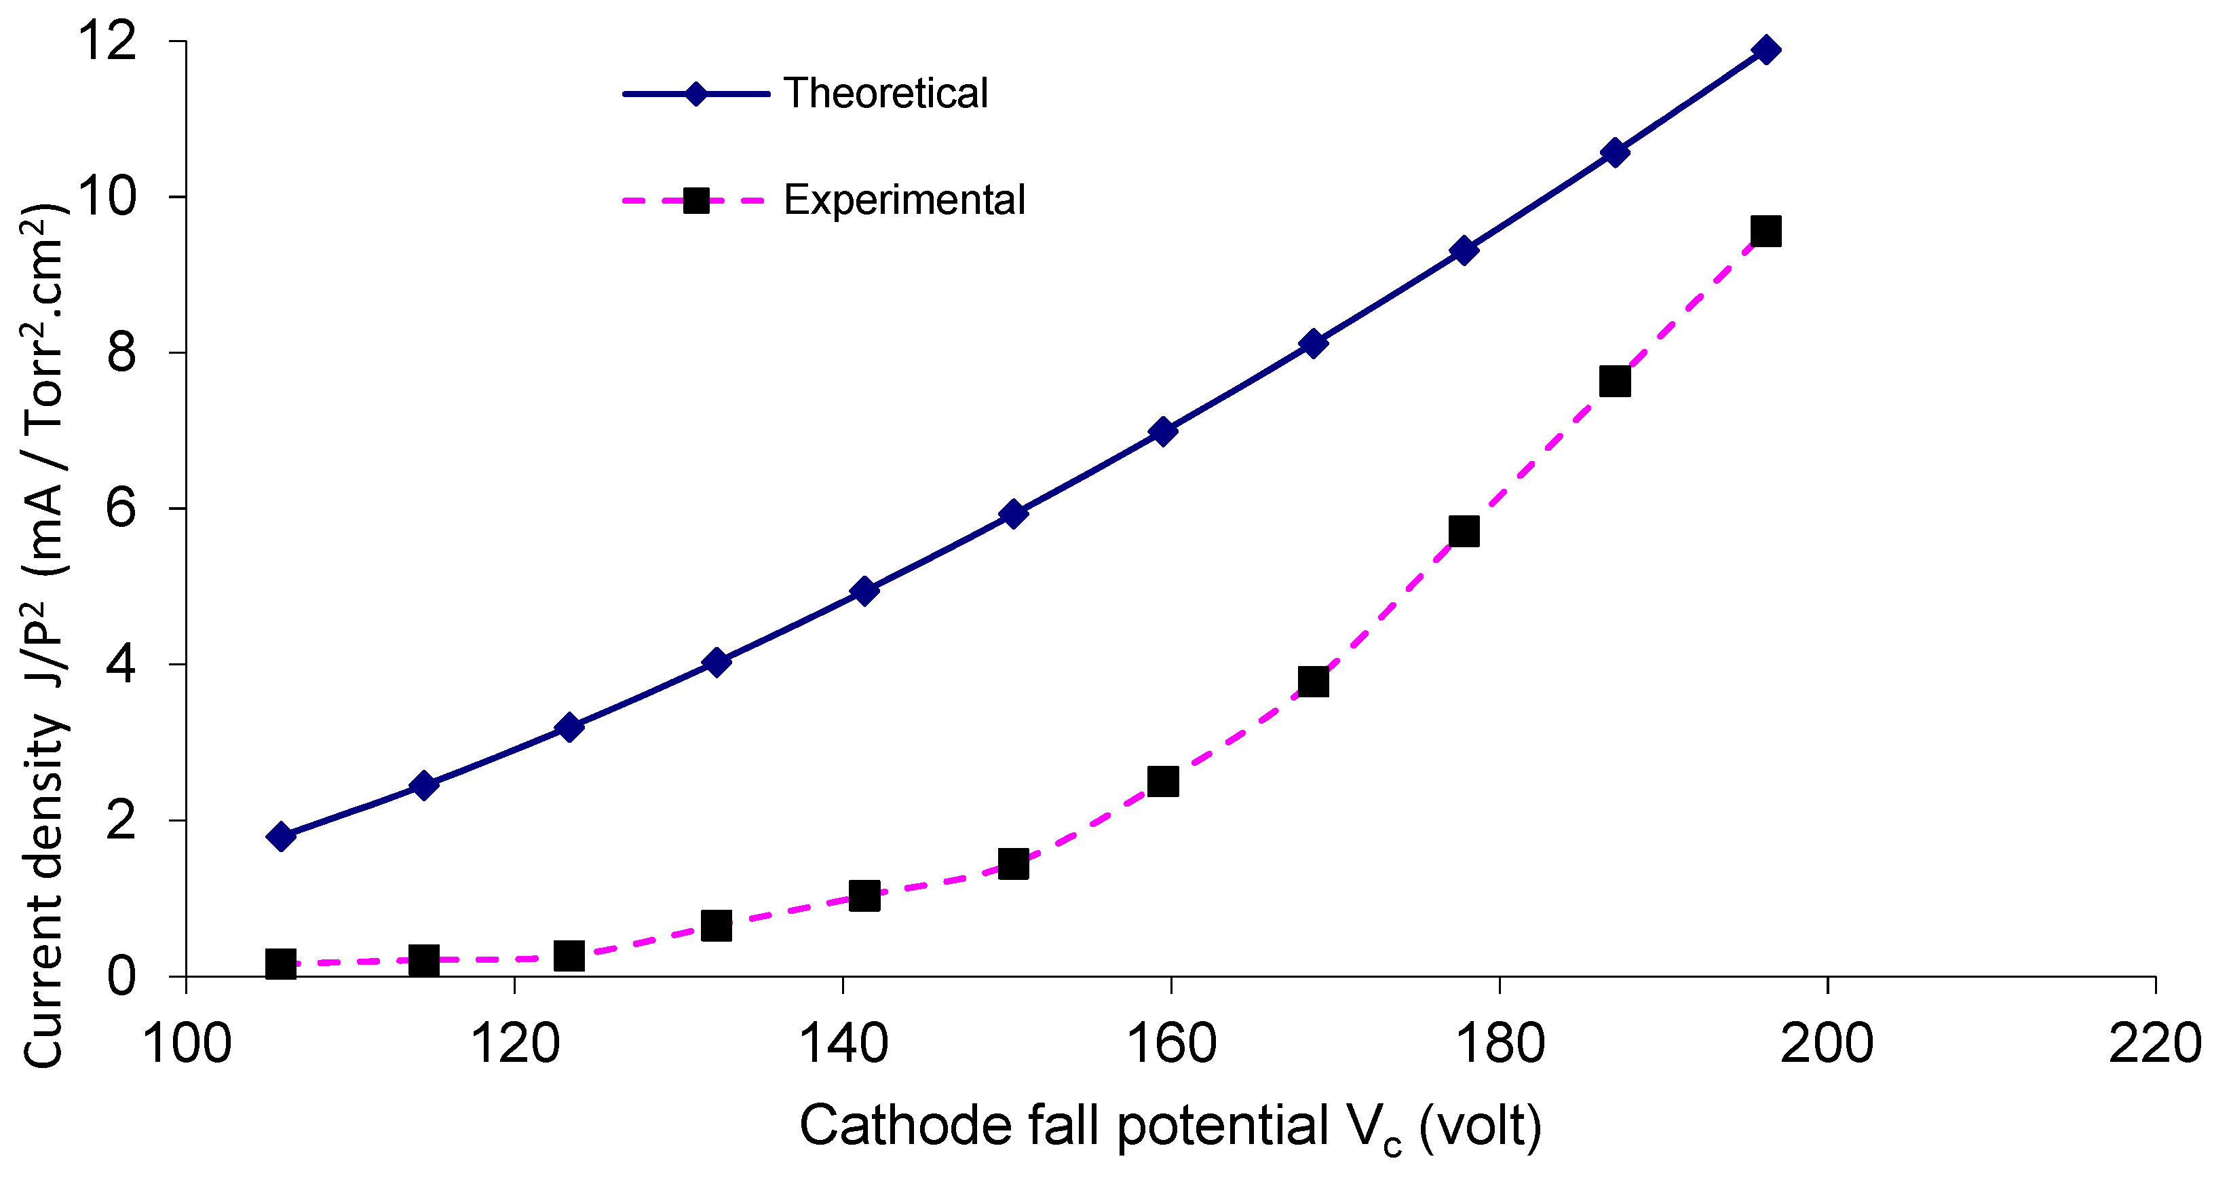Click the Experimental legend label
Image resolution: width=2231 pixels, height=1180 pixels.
click(904, 200)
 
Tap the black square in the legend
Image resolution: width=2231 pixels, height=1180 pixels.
click(696, 201)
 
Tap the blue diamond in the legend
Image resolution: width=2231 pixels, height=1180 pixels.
click(696, 94)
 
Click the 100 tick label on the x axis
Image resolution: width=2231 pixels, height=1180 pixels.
click(186, 1044)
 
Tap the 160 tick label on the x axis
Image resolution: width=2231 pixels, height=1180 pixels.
click(1171, 1044)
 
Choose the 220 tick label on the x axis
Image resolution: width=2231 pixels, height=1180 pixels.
click(2155, 1044)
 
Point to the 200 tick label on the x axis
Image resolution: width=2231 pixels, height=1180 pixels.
click(1827, 1044)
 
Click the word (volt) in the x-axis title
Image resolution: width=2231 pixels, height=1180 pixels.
click(1481, 1126)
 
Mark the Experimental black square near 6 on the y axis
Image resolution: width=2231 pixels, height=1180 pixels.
click(1464, 531)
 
